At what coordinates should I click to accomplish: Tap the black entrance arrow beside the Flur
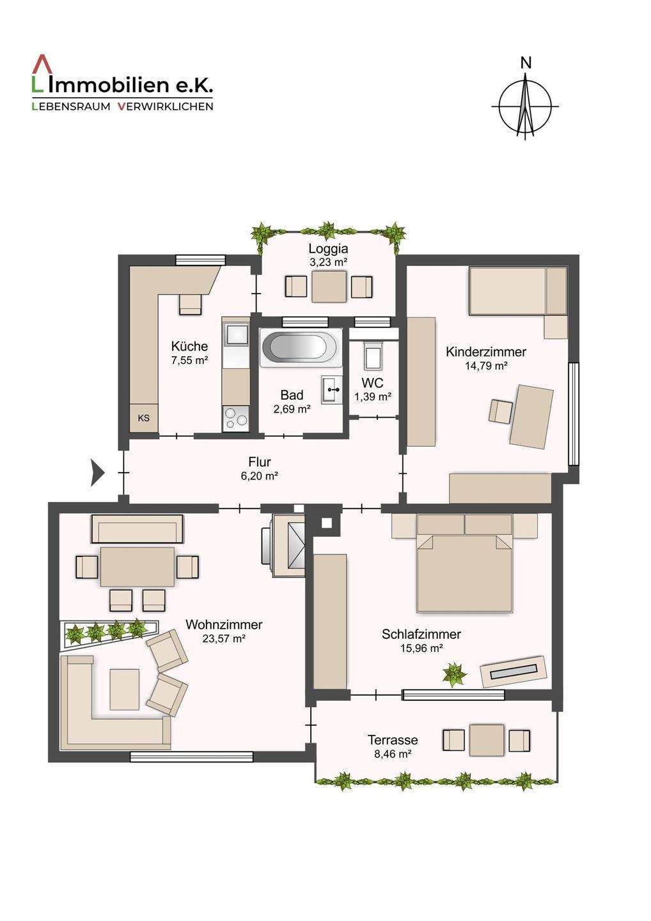coord(98,473)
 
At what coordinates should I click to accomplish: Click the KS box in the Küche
coord(144,418)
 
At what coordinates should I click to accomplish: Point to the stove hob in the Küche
coord(235,418)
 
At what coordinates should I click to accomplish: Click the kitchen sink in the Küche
coord(235,334)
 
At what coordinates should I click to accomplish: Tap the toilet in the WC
coord(372,356)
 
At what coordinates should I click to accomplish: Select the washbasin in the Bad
coord(331,389)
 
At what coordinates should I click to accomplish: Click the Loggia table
coord(329,287)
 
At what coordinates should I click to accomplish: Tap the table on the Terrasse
coord(487,740)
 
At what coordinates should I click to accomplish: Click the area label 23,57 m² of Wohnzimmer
coord(223,638)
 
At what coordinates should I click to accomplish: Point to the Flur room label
coord(260,462)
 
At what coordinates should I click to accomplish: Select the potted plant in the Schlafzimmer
coord(455,673)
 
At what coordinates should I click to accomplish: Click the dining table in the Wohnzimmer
coord(137,567)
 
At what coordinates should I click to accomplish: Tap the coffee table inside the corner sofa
coord(124,689)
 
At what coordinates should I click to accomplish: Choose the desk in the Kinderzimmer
coord(531,416)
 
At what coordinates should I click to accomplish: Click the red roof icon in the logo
coord(42,66)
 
